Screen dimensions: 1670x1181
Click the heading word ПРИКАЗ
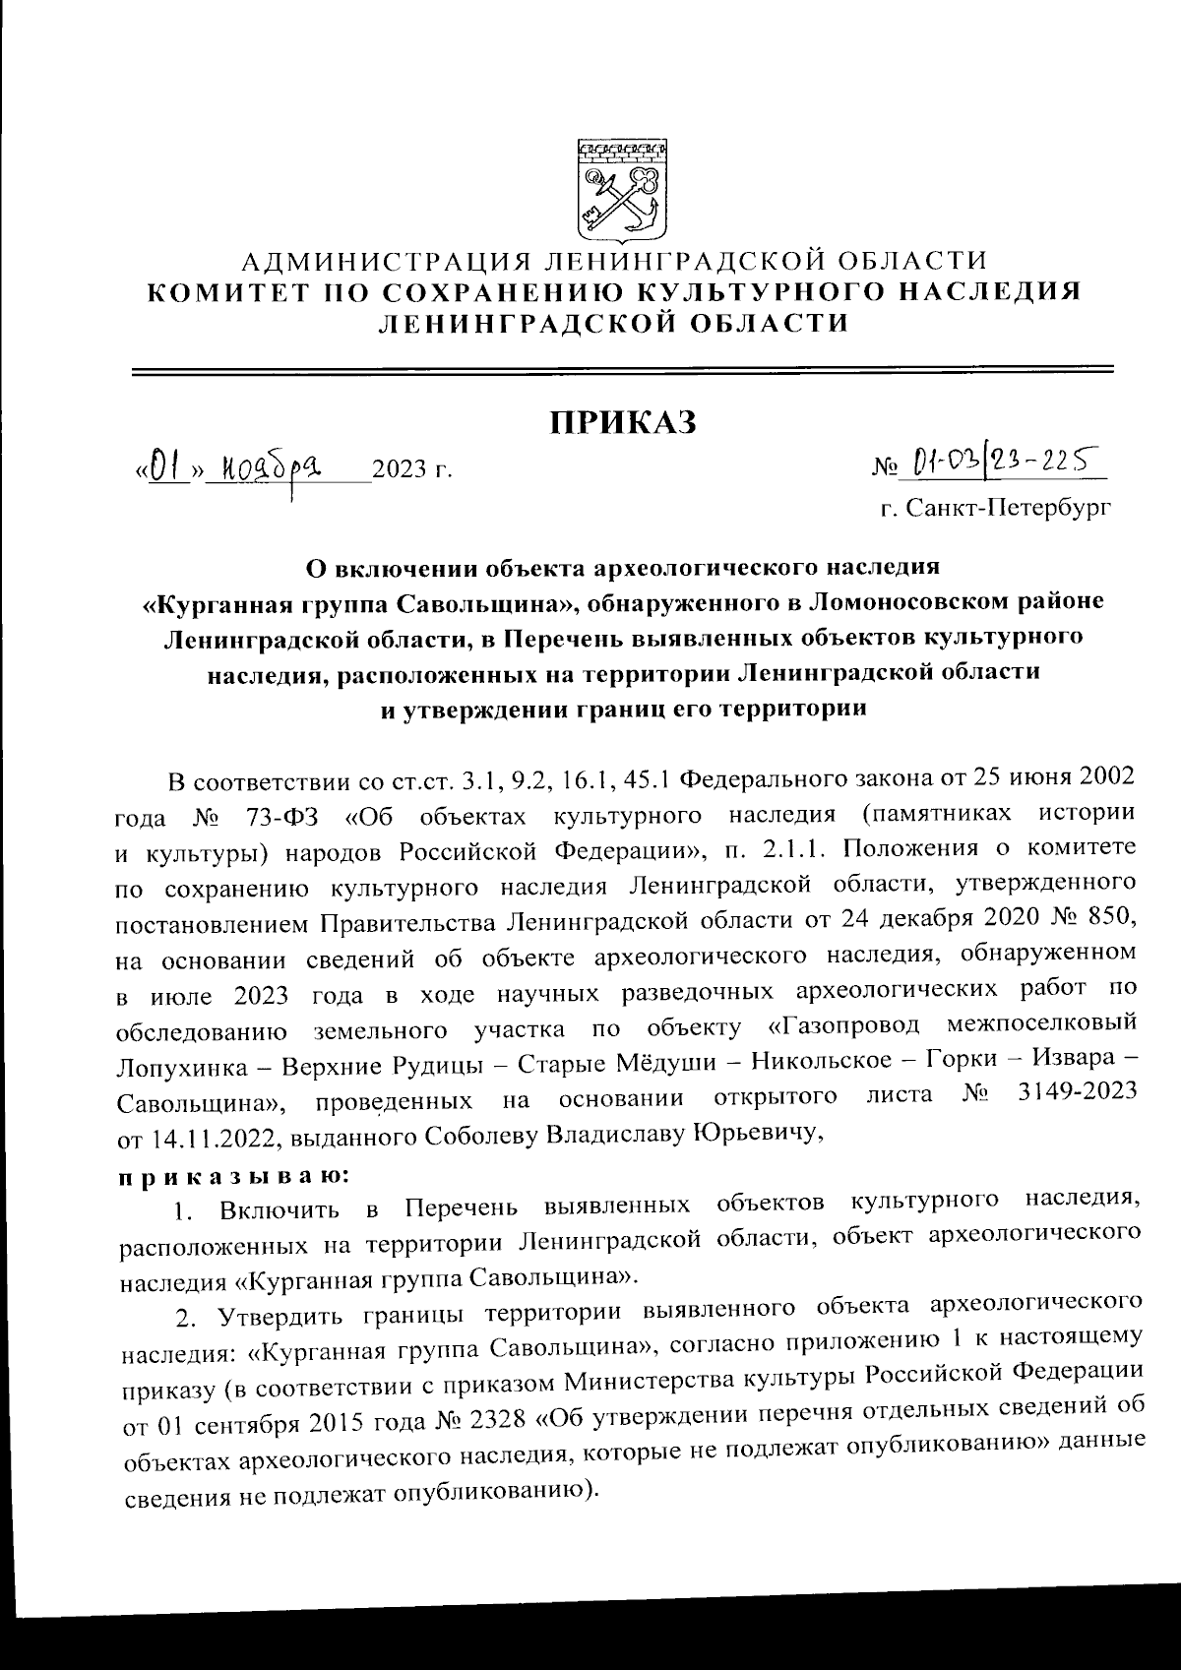(622, 422)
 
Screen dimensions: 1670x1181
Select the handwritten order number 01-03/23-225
(1005, 459)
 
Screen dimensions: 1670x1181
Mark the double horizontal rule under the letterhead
(622, 371)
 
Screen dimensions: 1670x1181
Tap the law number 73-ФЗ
(278, 816)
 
